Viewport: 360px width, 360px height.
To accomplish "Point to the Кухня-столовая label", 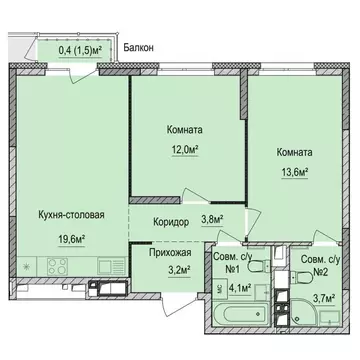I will (x=70, y=214).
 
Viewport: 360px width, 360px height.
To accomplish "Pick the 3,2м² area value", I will (x=164, y=268).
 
